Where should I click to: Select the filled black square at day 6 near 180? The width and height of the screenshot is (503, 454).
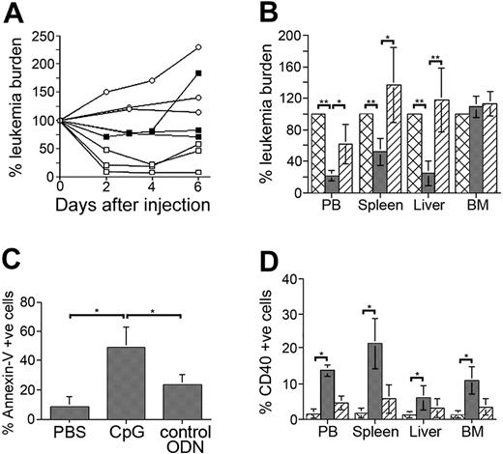point(224,73)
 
